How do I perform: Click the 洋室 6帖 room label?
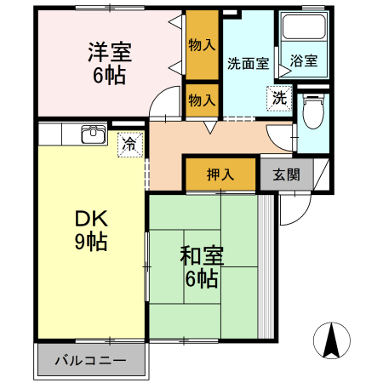(110, 64)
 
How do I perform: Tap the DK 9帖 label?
(91, 230)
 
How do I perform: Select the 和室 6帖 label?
(202, 267)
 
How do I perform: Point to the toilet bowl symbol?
(313, 112)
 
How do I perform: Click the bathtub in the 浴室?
(304, 27)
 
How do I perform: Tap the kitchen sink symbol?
(94, 134)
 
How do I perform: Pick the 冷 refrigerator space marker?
(130, 145)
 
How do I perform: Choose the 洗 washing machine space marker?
(279, 98)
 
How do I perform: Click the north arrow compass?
(332, 340)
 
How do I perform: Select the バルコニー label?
(90, 361)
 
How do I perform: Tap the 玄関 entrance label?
(286, 174)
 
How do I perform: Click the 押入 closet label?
(220, 174)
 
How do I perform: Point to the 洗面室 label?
(249, 64)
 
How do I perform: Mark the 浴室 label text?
(304, 60)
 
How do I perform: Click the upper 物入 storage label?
(202, 45)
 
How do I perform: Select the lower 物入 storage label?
(202, 100)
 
